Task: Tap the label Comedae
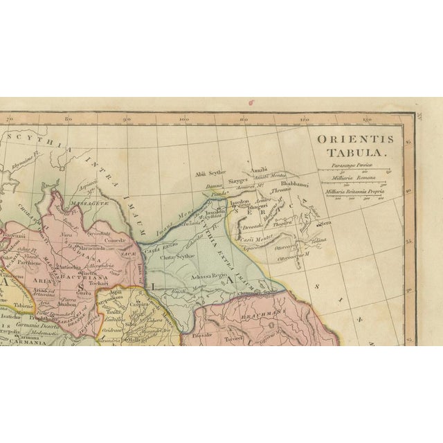(115, 240)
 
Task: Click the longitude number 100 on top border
(184, 120)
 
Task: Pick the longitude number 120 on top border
(303, 120)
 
